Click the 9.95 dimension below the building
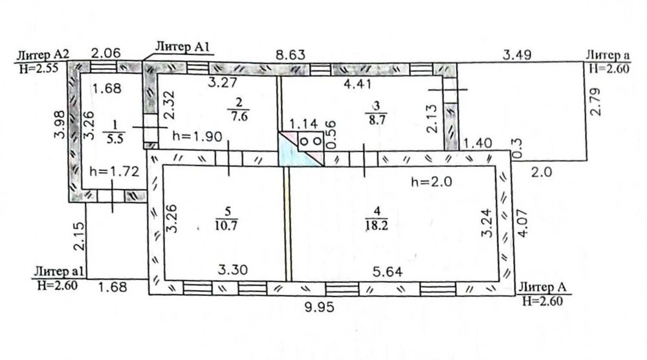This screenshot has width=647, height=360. [319, 308]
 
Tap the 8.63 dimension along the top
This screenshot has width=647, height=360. [291, 54]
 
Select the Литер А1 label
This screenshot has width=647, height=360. [182, 47]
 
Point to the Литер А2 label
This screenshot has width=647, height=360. [43, 55]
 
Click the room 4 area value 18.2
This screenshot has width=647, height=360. [377, 226]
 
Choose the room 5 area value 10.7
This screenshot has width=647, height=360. [226, 225]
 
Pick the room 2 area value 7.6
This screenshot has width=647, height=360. [239, 117]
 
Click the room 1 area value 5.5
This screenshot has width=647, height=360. [115, 139]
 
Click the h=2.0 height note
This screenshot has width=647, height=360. [432, 182]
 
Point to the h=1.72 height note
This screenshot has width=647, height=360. [115, 171]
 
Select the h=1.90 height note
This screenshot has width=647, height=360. [197, 136]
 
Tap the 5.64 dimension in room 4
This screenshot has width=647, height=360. [388, 272]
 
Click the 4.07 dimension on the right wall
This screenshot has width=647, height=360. [522, 223]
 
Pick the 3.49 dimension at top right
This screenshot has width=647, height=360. [517, 54]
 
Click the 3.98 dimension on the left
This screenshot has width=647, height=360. [60, 125]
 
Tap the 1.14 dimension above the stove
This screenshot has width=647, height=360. [303, 124]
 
